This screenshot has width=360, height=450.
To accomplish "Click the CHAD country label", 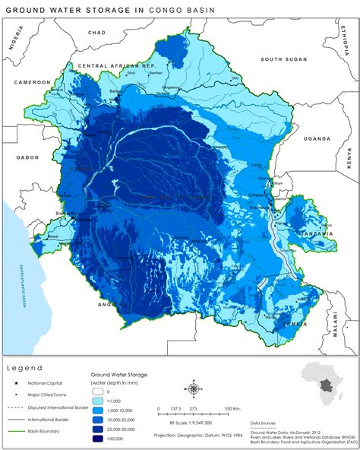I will [x=97, y=33].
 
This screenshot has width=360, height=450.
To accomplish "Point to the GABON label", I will [x=27, y=157].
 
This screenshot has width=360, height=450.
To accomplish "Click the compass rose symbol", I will [x=193, y=389].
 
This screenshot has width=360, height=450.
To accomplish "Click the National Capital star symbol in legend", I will [x=15, y=382].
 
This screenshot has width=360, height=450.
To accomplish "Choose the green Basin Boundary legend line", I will [x=15, y=430].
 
